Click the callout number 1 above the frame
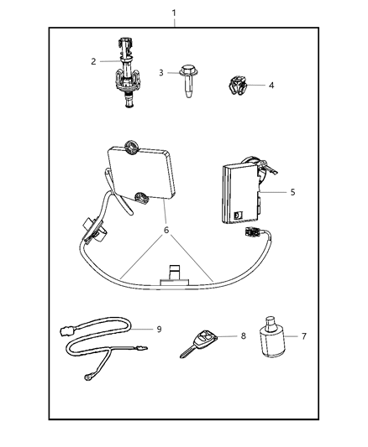pos(173,13)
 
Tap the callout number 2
pos(95,61)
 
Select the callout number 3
pos(161,73)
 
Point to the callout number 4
pos(271,85)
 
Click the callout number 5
pos(292,192)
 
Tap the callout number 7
pos(304,336)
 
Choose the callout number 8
pos(242,335)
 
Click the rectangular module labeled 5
pos(239,195)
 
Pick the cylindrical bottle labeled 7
pos(270,345)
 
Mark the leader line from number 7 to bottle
pos(291,336)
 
